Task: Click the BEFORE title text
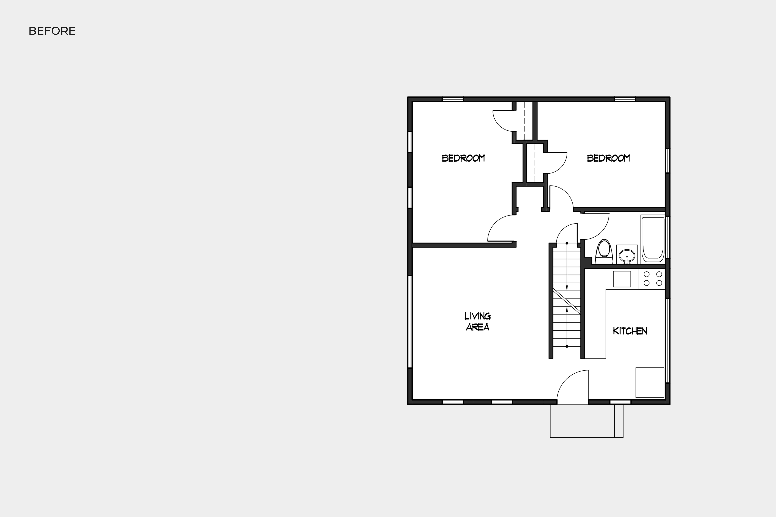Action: click(52, 31)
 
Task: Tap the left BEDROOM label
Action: click(463, 158)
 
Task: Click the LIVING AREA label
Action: click(477, 321)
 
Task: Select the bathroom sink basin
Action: click(627, 255)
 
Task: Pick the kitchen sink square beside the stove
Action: click(622, 279)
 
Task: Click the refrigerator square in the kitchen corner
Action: click(650, 382)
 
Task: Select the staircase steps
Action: click(566, 303)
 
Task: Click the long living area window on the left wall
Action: click(410, 321)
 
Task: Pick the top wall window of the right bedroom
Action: click(625, 99)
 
